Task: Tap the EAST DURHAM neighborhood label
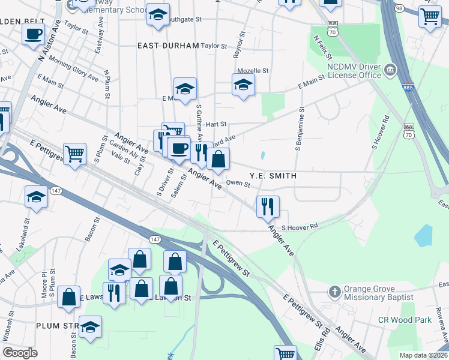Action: [x=168, y=46]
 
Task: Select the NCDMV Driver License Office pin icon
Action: [x=390, y=70]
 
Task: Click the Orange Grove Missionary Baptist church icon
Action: [x=335, y=292]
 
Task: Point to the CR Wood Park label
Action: [x=405, y=320]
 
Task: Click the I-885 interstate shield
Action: [x=408, y=88]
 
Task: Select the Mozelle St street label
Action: [x=252, y=70]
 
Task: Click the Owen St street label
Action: [x=238, y=184]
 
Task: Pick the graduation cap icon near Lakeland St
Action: [x=36, y=197]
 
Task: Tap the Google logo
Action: [x=20, y=352]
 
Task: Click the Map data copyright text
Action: [x=424, y=355]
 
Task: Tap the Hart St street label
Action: [x=215, y=124]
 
